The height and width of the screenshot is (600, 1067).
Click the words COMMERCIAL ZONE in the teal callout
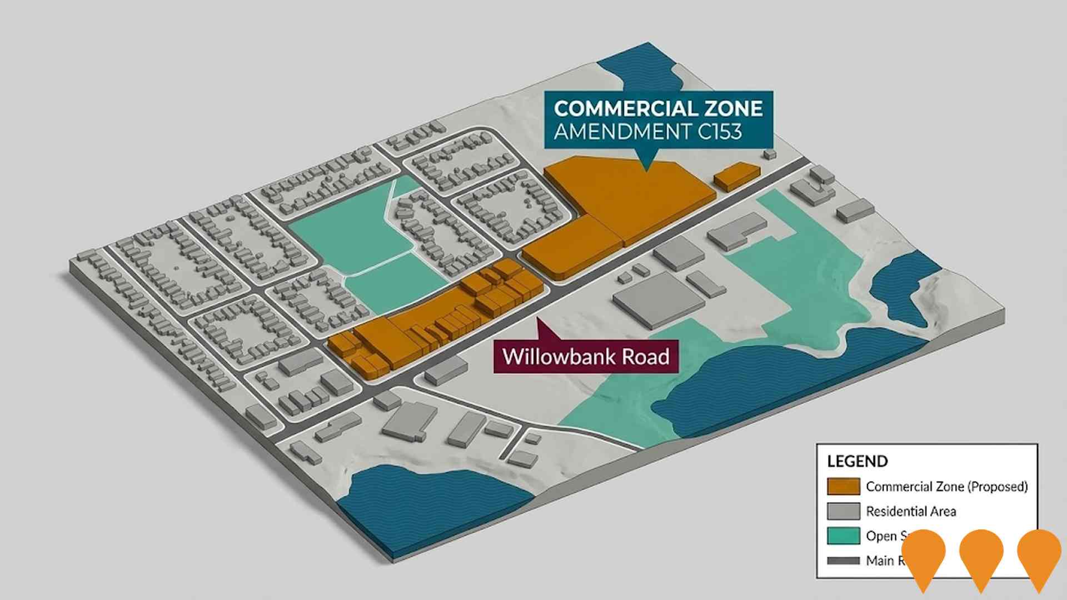click(x=658, y=108)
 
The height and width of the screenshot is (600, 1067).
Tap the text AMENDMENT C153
click(x=647, y=132)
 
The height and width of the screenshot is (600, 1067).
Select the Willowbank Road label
click(x=586, y=356)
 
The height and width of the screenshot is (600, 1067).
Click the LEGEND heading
click(x=857, y=461)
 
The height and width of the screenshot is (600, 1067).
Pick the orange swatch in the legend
click(x=843, y=486)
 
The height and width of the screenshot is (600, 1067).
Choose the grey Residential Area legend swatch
click(x=843, y=511)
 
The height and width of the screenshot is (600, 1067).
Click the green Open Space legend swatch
click(x=843, y=536)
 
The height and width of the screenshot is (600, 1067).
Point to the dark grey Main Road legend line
click(x=843, y=561)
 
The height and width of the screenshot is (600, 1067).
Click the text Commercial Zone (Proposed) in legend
click(x=946, y=487)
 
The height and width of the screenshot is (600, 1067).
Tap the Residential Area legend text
click(x=911, y=511)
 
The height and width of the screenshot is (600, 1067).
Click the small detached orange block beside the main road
click(x=736, y=176)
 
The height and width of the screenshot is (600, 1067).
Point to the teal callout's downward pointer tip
click(x=645, y=169)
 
